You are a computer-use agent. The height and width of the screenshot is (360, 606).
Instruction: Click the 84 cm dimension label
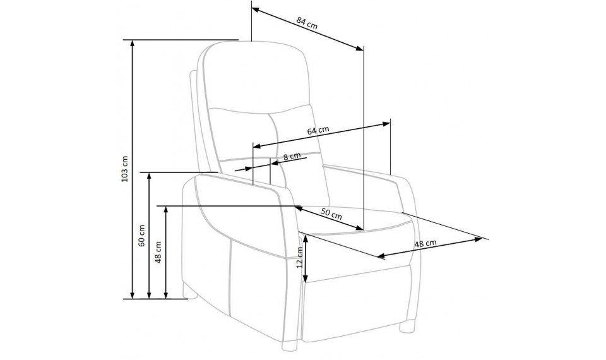point(307,23)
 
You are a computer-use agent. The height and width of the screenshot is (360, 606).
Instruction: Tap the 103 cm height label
point(124,169)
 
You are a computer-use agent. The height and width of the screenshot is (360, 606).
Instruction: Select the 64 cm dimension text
point(318,130)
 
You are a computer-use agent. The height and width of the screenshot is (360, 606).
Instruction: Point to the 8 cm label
point(292,156)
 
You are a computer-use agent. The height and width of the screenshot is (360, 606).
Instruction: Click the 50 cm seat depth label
point(331,214)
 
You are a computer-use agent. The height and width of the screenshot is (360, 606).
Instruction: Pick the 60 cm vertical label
point(141,236)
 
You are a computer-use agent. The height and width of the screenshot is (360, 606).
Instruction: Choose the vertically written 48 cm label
point(158,252)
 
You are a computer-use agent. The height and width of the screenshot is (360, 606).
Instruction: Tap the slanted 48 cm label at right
point(425,244)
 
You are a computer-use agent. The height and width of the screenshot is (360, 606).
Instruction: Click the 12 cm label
point(299,258)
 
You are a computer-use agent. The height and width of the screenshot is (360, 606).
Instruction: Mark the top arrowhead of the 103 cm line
point(133,44)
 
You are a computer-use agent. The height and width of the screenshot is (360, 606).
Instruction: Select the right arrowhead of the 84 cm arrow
point(359,49)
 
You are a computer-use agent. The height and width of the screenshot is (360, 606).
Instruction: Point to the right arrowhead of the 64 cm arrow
point(386,124)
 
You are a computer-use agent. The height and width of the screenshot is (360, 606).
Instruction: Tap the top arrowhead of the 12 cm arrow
point(306,239)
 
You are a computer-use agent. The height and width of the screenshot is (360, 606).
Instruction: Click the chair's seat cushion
point(355,220)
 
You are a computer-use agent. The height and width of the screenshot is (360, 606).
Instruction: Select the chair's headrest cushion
point(256,77)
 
